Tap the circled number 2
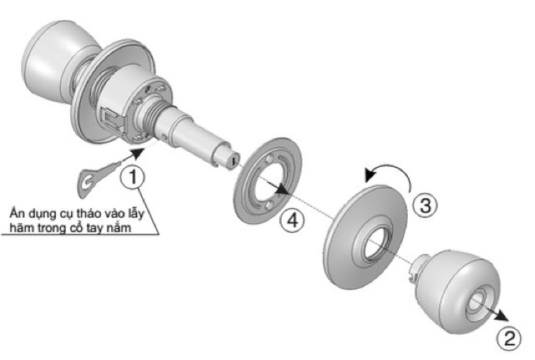click(507, 338)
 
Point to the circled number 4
click(290, 220)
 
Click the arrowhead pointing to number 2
click(502, 315)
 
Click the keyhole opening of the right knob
click(481, 298)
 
